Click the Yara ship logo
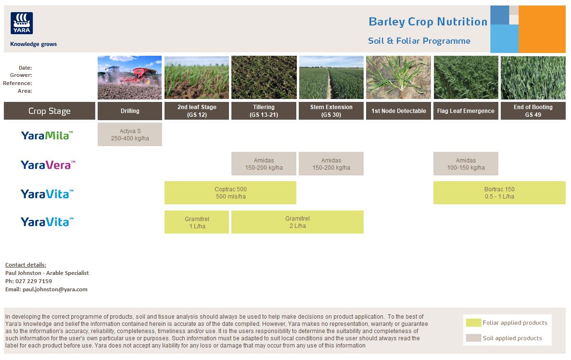(22, 23)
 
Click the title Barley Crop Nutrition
(428, 22)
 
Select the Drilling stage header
(130, 111)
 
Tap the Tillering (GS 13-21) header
(264, 111)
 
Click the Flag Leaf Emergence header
(466, 111)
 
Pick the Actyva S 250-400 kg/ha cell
(130, 135)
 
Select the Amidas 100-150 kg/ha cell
(466, 164)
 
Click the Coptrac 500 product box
(230, 193)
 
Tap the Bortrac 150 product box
(499, 193)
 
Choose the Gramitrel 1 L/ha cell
(197, 222)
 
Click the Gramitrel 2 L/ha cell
(297, 222)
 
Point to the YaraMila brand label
(47, 136)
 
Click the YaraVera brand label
(48, 165)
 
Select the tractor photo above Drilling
(130, 77)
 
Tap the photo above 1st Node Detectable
(398, 77)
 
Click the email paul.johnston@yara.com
(55, 289)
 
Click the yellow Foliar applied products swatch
(473, 323)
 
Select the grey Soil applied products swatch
(473, 338)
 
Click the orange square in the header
(542, 29)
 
